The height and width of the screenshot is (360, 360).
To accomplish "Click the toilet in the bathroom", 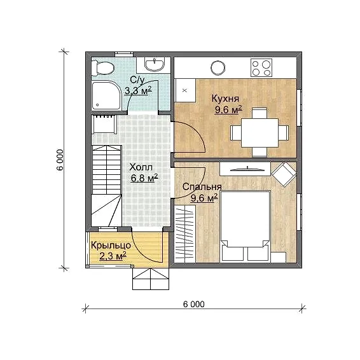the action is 102,67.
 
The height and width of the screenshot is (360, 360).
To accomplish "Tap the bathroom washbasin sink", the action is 155,64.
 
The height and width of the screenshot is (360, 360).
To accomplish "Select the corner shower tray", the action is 106,95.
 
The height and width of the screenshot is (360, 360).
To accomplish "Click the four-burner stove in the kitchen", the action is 261,67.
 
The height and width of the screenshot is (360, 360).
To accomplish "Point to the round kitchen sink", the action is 218,68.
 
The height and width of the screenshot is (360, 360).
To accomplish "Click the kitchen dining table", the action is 260,133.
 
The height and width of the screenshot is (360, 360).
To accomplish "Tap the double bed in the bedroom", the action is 245,226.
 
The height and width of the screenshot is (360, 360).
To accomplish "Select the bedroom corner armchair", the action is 284,174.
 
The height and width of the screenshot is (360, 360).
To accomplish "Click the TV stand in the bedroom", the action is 245,169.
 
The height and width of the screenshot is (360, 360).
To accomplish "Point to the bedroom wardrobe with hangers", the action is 185,233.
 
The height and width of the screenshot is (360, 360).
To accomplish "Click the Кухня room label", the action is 225,99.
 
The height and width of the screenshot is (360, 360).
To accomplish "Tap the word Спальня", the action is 202,187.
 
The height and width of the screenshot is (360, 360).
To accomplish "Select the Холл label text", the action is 141,167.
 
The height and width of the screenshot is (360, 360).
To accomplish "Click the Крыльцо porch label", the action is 111,246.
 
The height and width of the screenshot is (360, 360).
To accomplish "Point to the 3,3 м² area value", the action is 138,90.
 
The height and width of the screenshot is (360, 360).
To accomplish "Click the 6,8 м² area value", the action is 144,177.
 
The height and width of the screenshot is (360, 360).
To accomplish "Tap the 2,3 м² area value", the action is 113,256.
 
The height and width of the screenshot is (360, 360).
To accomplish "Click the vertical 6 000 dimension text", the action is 60,160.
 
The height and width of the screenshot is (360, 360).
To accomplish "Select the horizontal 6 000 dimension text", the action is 194,304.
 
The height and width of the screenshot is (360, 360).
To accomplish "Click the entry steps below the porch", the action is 151,279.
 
